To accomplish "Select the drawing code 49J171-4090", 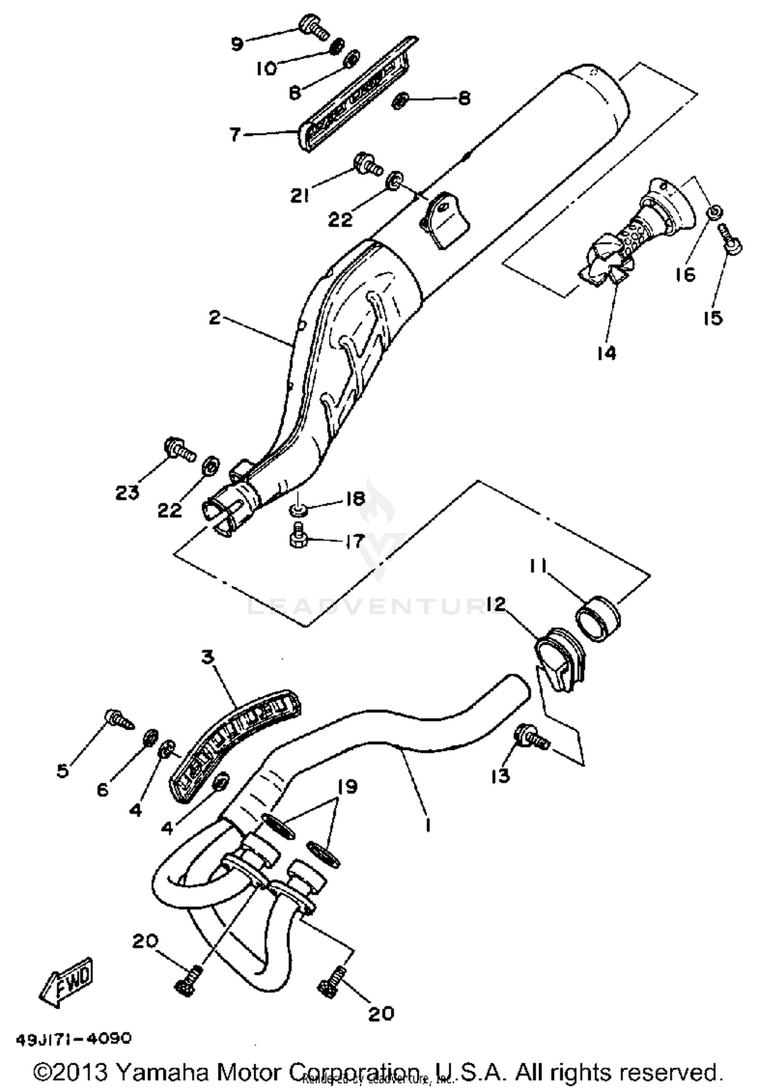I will pyautogui.click(x=74, y=1038).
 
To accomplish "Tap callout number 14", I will pyautogui.click(x=606, y=353).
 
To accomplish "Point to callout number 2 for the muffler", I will pyautogui.click(x=215, y=318).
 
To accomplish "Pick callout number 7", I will pyautogui.click(x=234, y=135).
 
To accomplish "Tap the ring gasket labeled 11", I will pyautogui.click(x=598, y=618).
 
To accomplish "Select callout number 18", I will pyautogui.click(x=355, y=499).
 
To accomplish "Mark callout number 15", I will pyautogui.click(x=713, y=318).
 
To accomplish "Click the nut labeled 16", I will pyautogui.click(x=714, y=211).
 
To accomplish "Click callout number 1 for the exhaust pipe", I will pyautogui.click(x=428, y=825).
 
